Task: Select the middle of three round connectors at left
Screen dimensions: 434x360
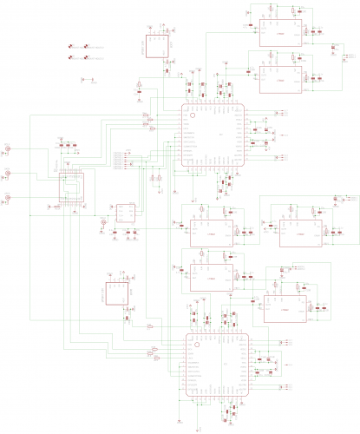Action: click(7, 174)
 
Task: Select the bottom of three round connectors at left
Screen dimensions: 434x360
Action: click(7, 199)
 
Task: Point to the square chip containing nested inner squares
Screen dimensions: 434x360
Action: click(72, 188)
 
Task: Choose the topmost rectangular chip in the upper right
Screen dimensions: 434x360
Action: click(280, 32)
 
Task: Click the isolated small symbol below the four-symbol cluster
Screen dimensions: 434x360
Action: click(82, 79)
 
